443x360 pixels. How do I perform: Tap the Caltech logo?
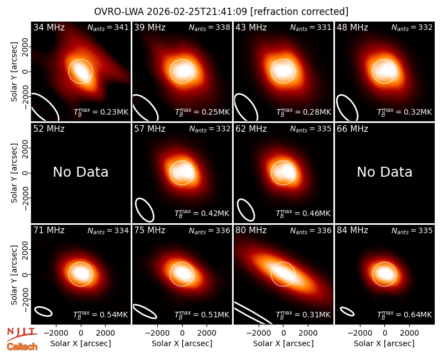22,347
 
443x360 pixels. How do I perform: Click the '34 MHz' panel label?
49,27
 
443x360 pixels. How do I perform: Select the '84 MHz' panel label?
352,230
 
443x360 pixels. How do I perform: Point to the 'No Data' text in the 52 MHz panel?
81,172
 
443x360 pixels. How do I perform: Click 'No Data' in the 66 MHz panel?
384,172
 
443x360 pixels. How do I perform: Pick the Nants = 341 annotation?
108,27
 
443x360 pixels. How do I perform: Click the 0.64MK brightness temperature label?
405,315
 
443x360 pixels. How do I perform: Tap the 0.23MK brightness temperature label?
101,112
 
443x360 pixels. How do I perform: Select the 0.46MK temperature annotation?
303,213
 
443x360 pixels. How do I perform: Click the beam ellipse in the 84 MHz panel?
347,312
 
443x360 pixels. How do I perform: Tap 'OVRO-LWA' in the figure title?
119,12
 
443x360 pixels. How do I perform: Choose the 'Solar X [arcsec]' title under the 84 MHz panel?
384,343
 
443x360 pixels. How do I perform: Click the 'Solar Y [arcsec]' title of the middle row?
14,173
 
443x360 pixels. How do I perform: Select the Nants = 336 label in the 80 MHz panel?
311,230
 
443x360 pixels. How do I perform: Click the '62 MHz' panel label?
251,129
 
